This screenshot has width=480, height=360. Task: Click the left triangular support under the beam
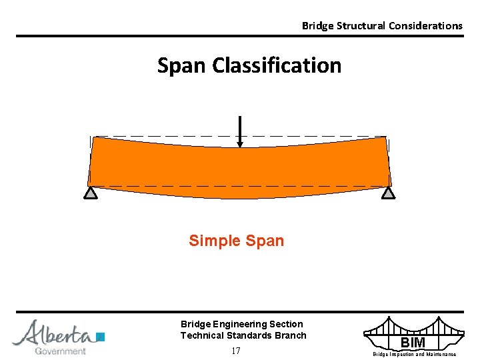(x=91, y=193)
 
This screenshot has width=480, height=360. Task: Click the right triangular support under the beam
(x=389, y=193)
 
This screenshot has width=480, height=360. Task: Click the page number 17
(x=235, y=351)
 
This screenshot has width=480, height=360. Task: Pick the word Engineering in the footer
(x=239, y=324)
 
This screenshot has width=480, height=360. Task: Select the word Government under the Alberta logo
(x=60, y=351)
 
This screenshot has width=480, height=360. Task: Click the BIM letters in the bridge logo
(x=413, y=343)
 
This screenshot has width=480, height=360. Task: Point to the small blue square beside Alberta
(x=101, y=337)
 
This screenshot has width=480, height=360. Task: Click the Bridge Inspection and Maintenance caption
(x=414, y=355)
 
